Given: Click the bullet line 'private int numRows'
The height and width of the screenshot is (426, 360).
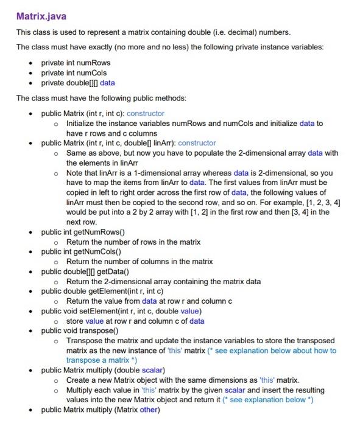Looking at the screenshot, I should coord(76,63).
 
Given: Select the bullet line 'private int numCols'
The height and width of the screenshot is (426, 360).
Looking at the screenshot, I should coord(74,72).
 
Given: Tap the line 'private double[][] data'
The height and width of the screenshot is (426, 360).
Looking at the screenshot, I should coord(77,83).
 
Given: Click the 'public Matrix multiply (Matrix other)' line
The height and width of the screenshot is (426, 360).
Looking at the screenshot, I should coord(100,410).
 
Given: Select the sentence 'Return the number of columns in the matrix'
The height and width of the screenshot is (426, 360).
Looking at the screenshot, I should coord(139,262).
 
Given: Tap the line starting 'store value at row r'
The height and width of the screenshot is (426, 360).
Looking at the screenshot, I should coord(135,321).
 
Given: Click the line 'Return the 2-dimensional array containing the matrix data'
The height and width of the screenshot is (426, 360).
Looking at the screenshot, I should coord(163,281).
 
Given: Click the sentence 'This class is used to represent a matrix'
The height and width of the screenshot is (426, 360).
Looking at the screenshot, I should coord(153,32).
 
